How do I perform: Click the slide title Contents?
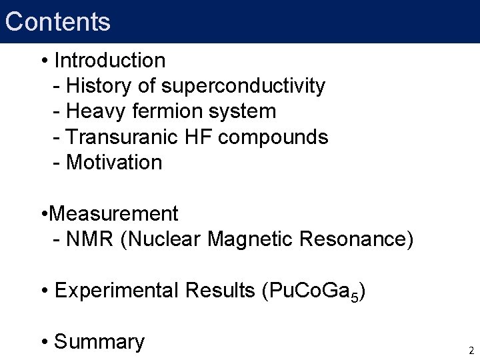click(x=57, y=21)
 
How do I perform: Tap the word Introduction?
click(x=110, y=61)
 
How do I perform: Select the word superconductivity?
click(x=243, y=86)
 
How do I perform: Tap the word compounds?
click(x=273, y=137)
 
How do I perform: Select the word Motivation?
click(x=114, y=162)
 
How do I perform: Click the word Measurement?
click(x=113, y=214)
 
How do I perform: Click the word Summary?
click(x=99, y=342)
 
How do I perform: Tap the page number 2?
click(x=471, y=350)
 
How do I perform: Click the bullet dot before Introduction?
click(x=45, y=61)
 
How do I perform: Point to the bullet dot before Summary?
click(x=45, y=343)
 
